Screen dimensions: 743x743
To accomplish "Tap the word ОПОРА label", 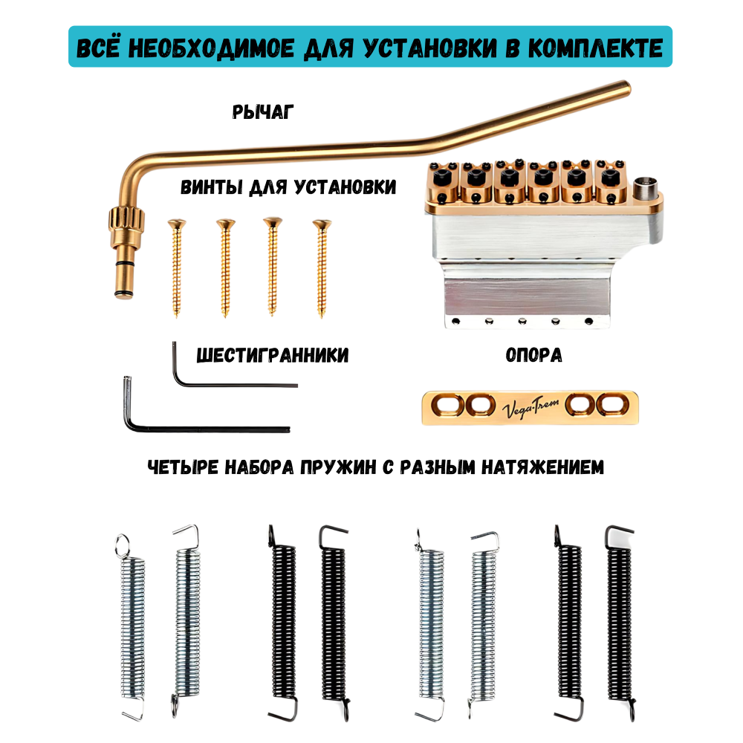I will (533, 356).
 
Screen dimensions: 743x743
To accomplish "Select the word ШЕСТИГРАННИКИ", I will (272, 356).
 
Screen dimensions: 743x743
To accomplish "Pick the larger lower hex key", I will (208, 427).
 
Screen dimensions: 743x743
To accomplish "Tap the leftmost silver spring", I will (132, 624).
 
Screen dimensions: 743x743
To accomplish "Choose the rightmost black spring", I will (620, 624).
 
